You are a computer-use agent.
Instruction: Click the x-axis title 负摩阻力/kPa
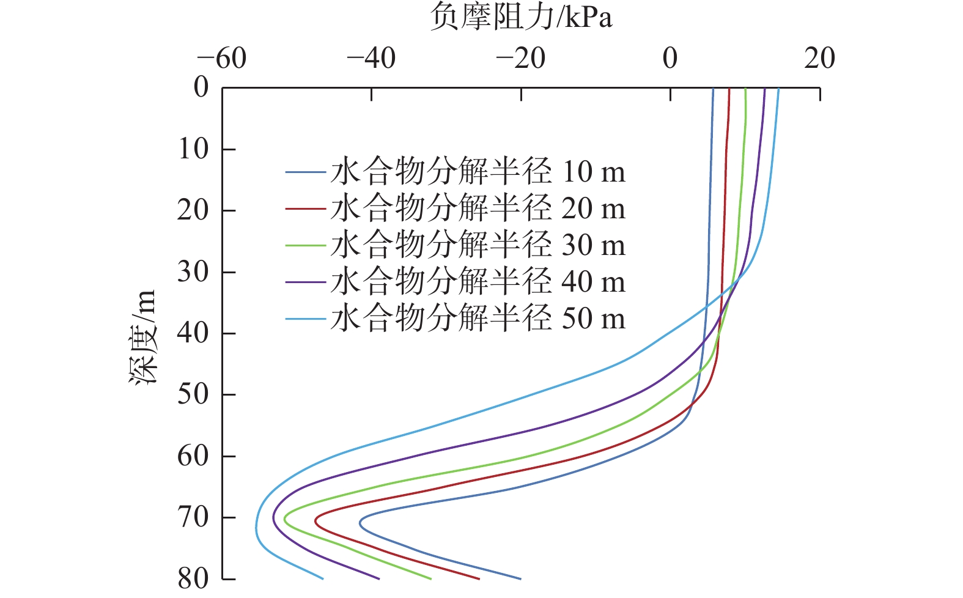[x=520, y=17]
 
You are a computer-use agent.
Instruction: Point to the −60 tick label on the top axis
[x=221, y=59]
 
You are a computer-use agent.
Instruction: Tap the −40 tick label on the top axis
[x=371, y=59]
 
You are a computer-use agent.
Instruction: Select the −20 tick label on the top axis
[x=520, y=59]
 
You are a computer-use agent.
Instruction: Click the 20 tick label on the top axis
[x=819, y=59]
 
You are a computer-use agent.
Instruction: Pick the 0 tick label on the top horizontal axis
[x=670, y=59]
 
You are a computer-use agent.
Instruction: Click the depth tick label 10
[x=193, y=149]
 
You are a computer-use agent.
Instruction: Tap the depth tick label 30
[x=193, y=271]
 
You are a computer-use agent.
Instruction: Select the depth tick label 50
[x=193, y=394]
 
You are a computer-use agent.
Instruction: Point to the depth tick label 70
[x=193, y=517]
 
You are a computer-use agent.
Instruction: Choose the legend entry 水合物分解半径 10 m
[x=478, y=172]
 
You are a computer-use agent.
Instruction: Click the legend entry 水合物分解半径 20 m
[x=478, y=209]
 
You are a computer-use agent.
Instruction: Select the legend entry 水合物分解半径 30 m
[x=478, y=245]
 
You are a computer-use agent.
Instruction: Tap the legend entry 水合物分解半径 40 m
[x=478, y=282]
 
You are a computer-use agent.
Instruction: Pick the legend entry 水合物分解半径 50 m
[x=478, y=319]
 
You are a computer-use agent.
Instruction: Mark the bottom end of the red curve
[x=479, y=578]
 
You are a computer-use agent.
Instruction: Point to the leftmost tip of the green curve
[x=284, y=515]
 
